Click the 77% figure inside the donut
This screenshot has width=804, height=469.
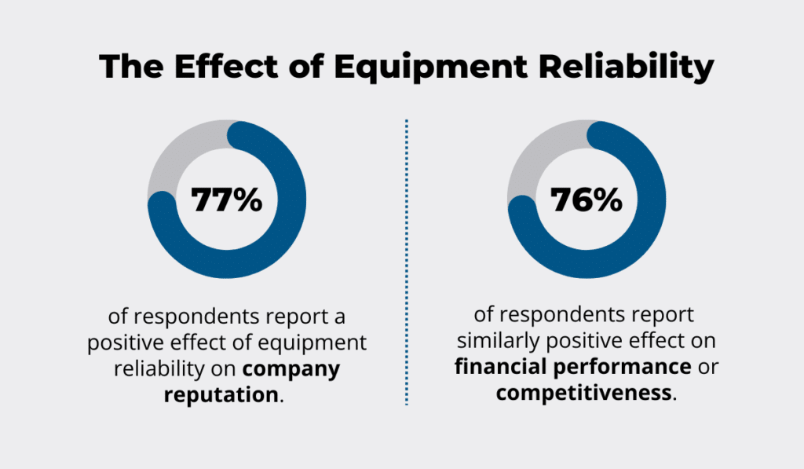[x=227, y=200]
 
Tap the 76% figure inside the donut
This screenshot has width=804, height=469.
[x=587, y=200]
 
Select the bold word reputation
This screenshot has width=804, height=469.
[x=221, y=394]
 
